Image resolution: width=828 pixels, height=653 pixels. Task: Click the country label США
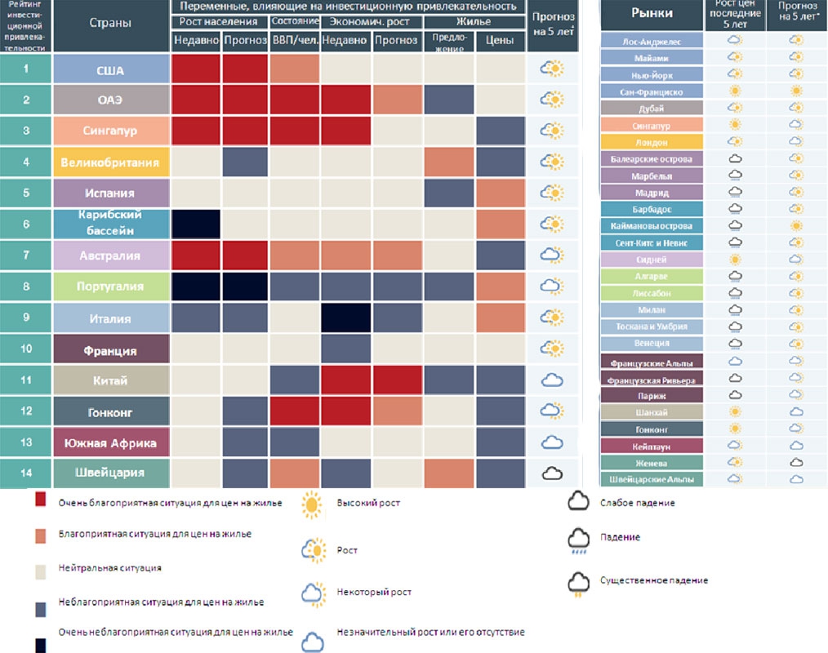coord(110,69)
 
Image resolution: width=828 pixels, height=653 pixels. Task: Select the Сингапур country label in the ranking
coord(110,131)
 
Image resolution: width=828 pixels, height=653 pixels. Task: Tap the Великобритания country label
coord(110,162)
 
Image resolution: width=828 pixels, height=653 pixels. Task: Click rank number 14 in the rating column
coord(25,472)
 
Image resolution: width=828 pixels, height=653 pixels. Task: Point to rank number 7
coord(25,255)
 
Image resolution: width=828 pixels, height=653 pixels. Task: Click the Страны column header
coord(110,23)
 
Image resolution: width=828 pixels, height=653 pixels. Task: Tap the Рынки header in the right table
coord(652,14)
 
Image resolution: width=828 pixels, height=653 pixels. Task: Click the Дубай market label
coord(652,108)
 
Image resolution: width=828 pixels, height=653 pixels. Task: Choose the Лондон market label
coord(652,142)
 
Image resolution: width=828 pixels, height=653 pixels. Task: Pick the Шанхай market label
coord(652,411)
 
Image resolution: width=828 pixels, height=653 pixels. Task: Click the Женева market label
coord(652,462)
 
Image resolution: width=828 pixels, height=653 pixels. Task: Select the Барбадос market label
coord(652,209)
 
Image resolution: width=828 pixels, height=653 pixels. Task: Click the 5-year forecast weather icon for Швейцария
coord(553,473)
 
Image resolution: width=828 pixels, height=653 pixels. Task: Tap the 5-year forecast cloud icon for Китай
coord(553,380)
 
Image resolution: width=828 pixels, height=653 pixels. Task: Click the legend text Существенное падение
coord(654,580)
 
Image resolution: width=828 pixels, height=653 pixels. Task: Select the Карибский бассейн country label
coord(110,224)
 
